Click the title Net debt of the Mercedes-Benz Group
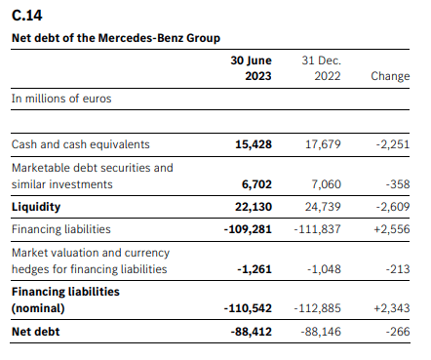click(x=115, y=37)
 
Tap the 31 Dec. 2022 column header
click(x=321, y=67)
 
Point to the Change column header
click(x=390, y=75)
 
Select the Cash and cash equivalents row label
click(x=80, y=143)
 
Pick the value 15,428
click(x=254, y=143)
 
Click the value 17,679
click(x=323, y=143)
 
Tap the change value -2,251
click(x=392, y=143)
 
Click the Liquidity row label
click(x=35, y=208)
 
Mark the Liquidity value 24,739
click(x=323, y=208)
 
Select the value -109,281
click(x=248, y=228)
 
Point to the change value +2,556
click(x=391, y=228)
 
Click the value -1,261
click(x=255, y=269)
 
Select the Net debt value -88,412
click(x=251, y=331)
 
